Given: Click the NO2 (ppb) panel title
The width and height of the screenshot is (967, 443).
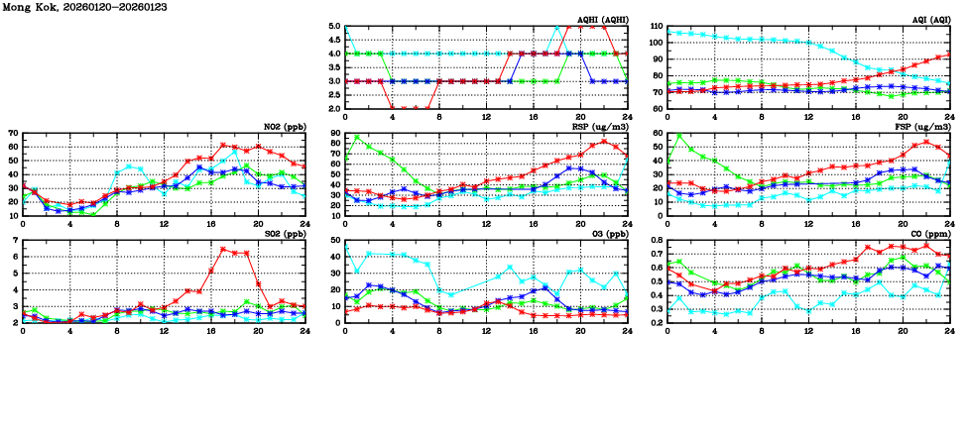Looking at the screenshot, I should [283, 127].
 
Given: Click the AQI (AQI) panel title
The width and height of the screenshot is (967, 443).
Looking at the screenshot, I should [928, 20].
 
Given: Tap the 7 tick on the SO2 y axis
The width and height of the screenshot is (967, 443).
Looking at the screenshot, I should [16, 241].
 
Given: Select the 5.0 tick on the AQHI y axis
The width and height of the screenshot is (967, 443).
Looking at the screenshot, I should [334, 27].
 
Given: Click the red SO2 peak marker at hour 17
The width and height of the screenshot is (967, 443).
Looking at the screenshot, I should [223, 249].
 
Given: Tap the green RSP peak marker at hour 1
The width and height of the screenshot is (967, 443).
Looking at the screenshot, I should [357, 138].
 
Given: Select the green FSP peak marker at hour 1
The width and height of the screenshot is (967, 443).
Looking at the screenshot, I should [678, 136].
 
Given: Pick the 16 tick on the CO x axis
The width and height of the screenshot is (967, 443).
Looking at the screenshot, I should [855, 329].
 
